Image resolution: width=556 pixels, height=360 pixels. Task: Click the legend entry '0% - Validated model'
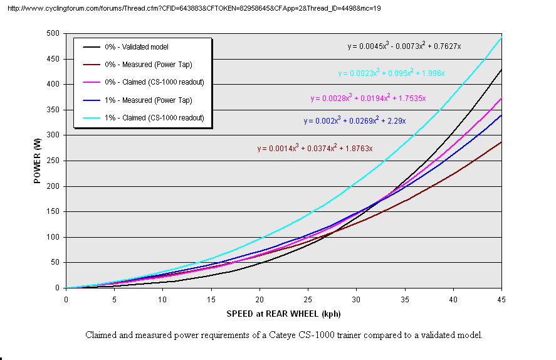pyautogui.click(x=145, y=47)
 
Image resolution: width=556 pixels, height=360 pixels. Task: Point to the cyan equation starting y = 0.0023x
pyautogui.click(x=391, y=73)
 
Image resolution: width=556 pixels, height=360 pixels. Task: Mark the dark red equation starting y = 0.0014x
pyautogui.click(x=315, y=148)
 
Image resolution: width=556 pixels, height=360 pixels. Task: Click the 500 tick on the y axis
pyautogui.click(x=54, y=33)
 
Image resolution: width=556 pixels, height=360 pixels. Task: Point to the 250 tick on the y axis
pyautogui.click(x=54, y=161)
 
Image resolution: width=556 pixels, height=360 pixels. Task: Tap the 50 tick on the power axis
pyautogui.click(x=56, y=263)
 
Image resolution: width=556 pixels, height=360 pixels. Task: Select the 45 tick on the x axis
pyautogui.click(x=500, y=299)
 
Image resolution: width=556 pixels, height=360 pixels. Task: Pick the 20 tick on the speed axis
pyautogui.click(x=259, y=299)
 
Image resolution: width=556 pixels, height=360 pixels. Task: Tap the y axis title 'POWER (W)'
pyautogui.click(x=37, y=161)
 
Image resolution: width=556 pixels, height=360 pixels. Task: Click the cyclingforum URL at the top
pyautogui.click(x=194, y=8)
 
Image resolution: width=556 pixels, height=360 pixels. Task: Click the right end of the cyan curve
pyautogui.click(x=500, y=38)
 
